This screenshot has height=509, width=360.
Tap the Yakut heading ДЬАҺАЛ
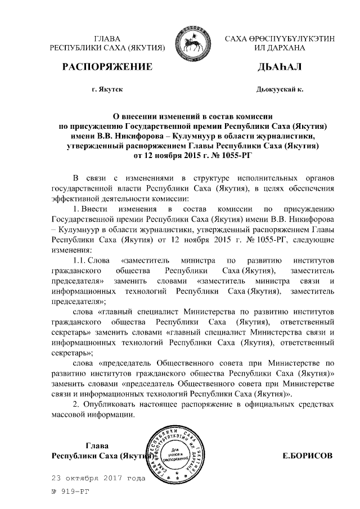coord(279,67)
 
